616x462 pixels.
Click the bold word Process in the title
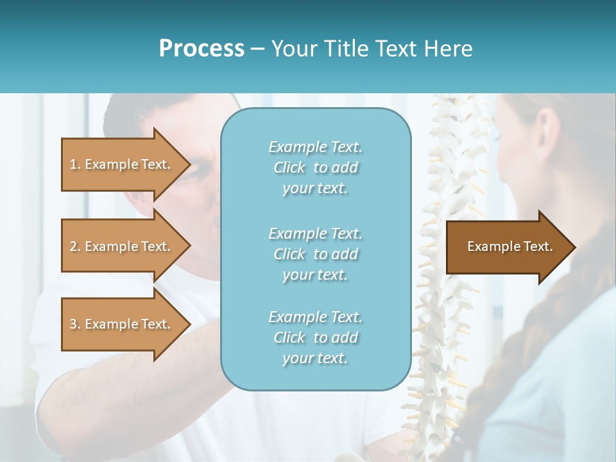201,49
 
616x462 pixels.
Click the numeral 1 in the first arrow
73,164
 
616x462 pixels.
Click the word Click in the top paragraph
289,168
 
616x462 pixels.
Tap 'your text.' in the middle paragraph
315,275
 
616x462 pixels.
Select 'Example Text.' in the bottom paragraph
315,317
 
